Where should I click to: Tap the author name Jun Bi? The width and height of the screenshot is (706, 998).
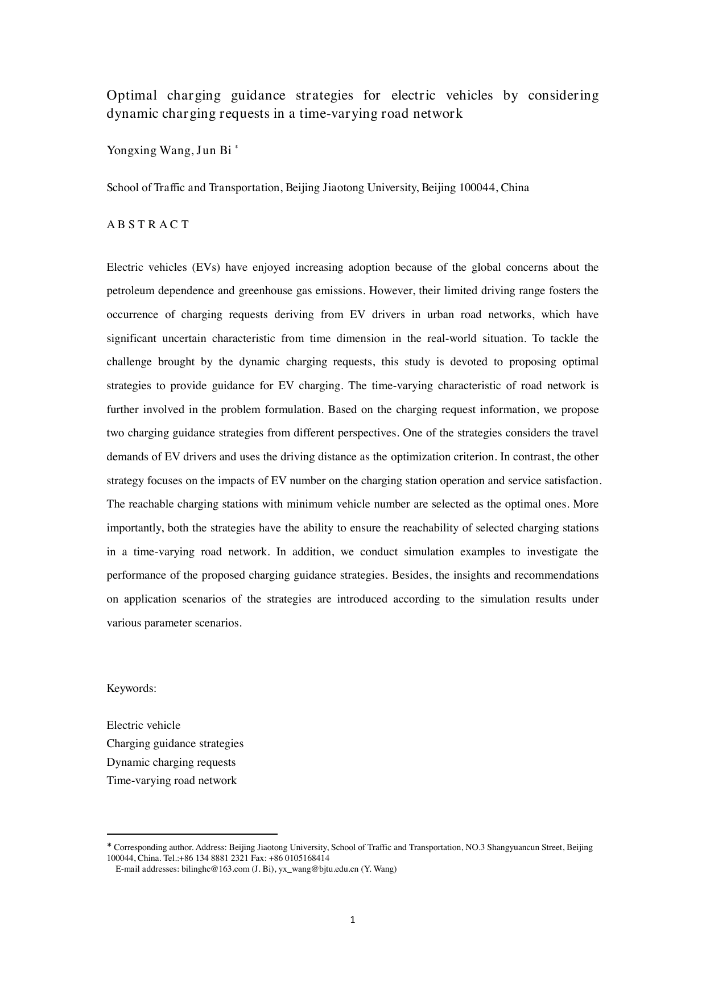click(214, 150)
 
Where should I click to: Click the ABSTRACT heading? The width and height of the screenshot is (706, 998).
click(148, 224)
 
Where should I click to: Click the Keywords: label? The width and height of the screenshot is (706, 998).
click(131, 688)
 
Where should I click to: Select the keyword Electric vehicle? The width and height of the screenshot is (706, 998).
click(143, 725)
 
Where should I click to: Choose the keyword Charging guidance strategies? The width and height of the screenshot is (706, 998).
click(175, 744)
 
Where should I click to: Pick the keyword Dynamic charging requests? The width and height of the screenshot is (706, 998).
click(171, 762)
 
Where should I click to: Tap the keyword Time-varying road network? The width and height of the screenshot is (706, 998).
click(171, 780)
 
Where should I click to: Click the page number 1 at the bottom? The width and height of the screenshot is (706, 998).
click(353, 919)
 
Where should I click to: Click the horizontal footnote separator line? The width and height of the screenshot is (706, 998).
click(192, 834)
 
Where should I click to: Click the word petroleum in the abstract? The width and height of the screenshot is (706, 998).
click(129, 291)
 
